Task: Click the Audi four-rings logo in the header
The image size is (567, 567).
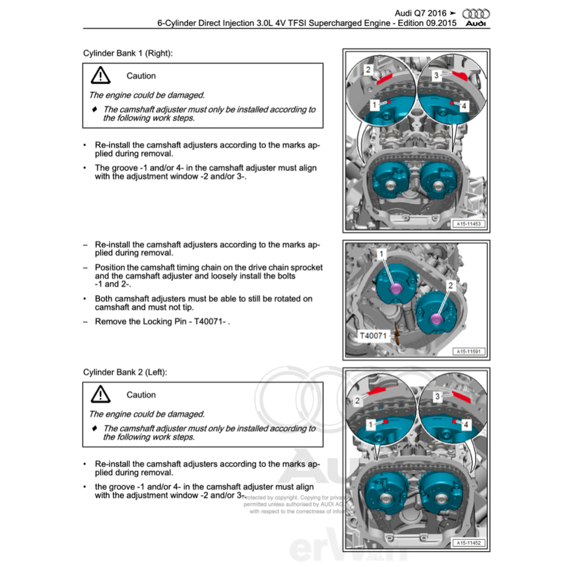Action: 476,14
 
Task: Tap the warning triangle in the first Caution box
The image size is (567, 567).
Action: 101,75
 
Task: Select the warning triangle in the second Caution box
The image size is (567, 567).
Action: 101,394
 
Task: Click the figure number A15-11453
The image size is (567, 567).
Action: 468,224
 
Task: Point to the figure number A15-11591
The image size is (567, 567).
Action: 468,351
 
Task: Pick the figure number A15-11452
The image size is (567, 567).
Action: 468,543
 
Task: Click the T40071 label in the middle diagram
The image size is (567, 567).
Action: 374,335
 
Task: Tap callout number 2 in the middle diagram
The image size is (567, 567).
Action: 450,285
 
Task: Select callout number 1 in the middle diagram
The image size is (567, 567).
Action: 381,254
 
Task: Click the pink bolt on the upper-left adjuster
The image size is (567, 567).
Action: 396,289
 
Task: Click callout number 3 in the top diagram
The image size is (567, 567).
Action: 436,75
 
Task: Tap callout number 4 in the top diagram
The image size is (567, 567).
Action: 463,105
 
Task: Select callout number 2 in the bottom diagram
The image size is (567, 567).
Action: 358,400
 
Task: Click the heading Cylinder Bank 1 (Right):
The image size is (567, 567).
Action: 127,53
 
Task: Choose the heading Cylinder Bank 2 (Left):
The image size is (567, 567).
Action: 125,372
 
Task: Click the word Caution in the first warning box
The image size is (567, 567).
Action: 141,76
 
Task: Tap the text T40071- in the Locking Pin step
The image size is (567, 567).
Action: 212,321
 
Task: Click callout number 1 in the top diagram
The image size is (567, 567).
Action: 374,104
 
